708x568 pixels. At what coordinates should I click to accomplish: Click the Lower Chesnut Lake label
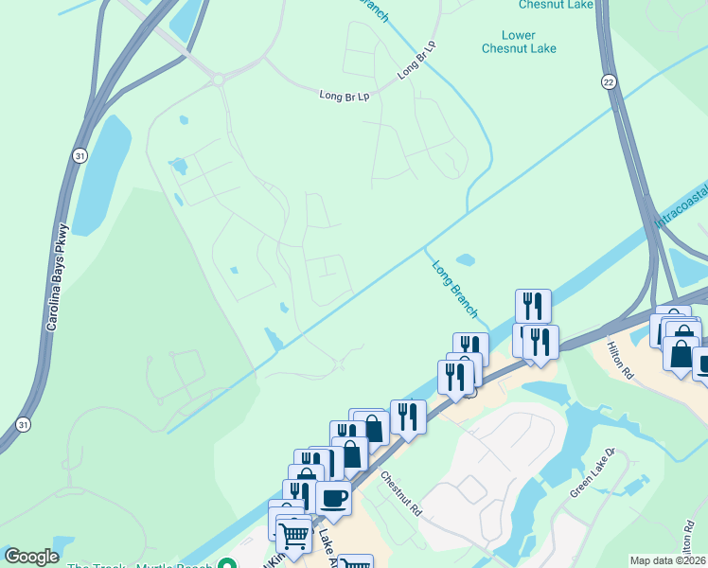pos(519,41)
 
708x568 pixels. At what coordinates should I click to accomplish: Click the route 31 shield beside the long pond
pos(80,155)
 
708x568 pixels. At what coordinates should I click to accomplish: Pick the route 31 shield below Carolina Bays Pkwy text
pos(22,422)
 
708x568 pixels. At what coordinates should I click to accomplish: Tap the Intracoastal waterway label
pos(680,209)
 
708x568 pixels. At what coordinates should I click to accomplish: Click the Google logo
pos(31,557)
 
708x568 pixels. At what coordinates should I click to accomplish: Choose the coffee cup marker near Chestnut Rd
pos(333,497)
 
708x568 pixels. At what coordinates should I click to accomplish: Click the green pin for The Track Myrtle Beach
pos(226,564)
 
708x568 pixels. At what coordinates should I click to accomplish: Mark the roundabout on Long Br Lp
pos(219,80)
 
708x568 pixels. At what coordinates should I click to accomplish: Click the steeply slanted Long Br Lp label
pos(416,59)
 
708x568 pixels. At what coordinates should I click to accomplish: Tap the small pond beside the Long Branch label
pos(465,259)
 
